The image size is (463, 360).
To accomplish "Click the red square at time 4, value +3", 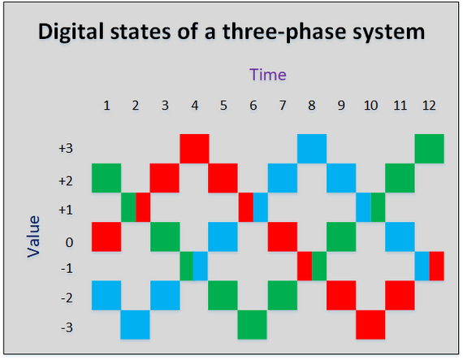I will [x=194, y=149].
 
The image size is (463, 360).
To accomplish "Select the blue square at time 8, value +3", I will [x=311, y=149].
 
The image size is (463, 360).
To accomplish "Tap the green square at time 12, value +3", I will [x=429, y=149].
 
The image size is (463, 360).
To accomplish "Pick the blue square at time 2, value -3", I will [x=135, y=324].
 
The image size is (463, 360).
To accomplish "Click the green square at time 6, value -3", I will [x=253, y=324].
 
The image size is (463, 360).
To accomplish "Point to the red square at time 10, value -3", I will [x=370, y=324].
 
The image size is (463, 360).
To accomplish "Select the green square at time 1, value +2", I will [x=106, y=178].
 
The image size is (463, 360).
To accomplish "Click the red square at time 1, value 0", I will [x=106, y=236].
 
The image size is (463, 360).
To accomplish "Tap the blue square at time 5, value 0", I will [x=223, y=236].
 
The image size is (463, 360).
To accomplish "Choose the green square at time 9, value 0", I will [x=341, y=236].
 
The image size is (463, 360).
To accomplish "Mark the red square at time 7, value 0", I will [x=282, y=236].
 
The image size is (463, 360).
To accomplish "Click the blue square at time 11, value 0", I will [x=400, y=236].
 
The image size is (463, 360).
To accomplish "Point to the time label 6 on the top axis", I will [x=253, y=106].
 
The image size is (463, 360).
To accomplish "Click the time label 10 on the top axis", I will [x=370, y=106].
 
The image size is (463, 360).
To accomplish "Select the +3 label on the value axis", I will [x=66, y=149].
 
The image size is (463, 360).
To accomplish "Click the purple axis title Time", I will [x=267, y=75].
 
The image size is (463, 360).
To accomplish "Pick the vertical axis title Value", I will [x=33, y=236].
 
